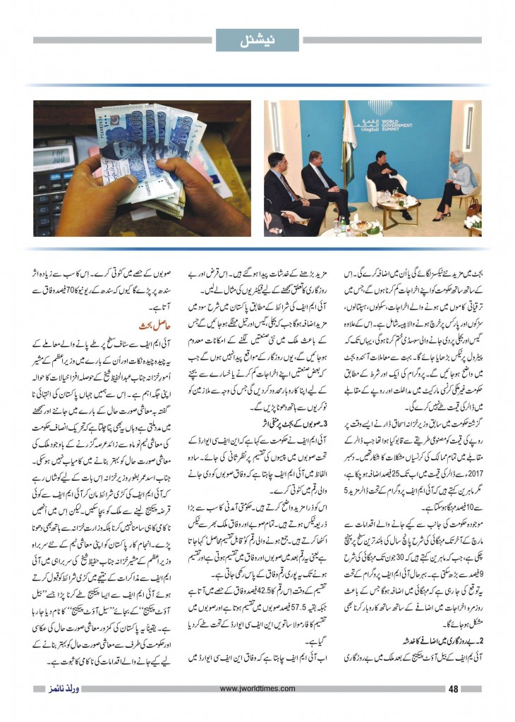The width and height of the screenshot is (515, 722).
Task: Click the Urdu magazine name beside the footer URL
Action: coord(57,689)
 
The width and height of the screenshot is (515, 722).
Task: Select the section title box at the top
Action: coord(257,39)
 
